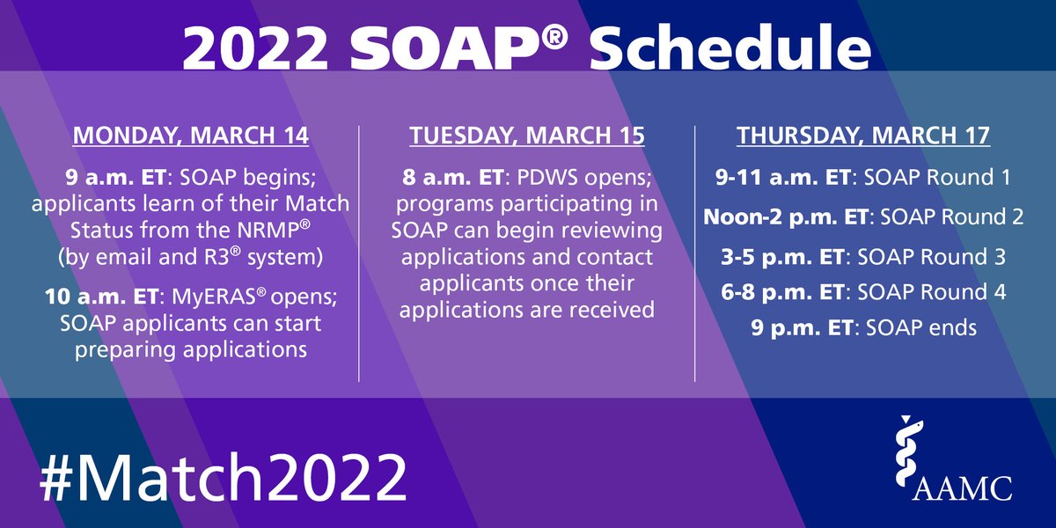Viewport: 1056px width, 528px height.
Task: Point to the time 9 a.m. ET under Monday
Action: click(115, 178)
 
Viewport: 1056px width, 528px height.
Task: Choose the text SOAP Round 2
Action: click(965, 216)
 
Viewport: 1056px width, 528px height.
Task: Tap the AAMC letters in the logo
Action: click(963, 486)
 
